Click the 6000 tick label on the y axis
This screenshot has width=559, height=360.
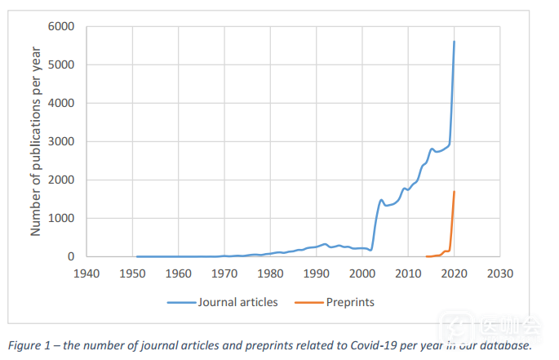[x=60, y=27]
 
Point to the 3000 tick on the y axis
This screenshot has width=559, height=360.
[x=60, y=142]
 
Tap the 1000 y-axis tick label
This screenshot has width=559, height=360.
[x=60, y=218]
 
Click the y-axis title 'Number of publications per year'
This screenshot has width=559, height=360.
[x=36, y=141]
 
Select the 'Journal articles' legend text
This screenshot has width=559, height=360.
[x=237, y=302]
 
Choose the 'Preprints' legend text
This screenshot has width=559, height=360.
[x=349, y=302]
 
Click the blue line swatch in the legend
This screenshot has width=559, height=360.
[x=181, y=302]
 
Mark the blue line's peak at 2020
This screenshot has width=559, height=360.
[x=454, y=42]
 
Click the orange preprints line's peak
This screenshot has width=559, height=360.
[x=454, y=192]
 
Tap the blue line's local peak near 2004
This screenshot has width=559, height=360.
[x=381, y=200]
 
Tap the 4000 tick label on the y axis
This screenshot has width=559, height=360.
[x=60, y=104]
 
